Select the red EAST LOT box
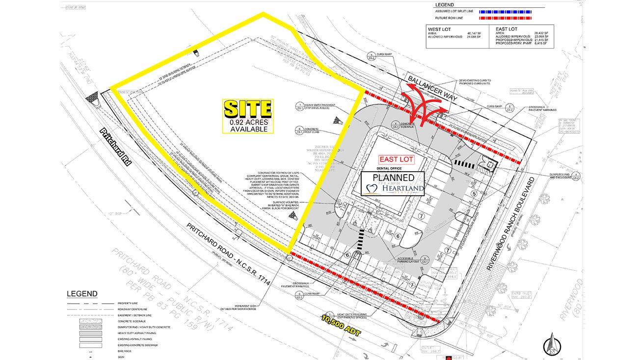point(396,159)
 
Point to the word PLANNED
point(393,177)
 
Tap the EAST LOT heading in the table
point(505,29)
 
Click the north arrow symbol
point(552,344)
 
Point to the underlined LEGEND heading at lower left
point(82,294)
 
